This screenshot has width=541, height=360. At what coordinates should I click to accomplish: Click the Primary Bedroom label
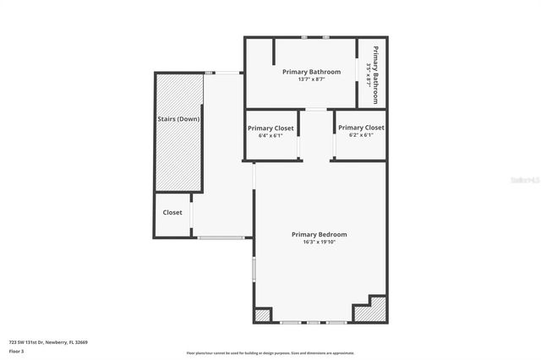point(319,234)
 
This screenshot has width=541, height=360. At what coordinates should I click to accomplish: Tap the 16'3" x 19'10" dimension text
point(319,243)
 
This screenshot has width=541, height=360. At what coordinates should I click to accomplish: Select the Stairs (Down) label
point(178,119)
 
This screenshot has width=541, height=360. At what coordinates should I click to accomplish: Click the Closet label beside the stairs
point(172,212)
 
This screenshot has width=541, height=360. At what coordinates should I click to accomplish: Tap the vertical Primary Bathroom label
point(376,74)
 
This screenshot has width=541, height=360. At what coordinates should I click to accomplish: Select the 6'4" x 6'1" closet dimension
point(270,135)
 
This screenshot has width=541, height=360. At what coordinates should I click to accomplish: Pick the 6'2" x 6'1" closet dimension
point(361,135)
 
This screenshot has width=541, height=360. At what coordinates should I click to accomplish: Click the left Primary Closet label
point(270,128)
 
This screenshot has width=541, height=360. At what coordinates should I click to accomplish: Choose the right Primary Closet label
point(361,128)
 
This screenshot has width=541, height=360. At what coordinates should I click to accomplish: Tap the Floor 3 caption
point(16,351)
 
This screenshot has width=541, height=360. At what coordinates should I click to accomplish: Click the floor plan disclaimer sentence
point(270,353)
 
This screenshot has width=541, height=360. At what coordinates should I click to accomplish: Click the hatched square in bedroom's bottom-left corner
point(263,314)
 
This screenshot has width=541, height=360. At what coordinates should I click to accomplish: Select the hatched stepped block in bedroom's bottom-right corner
point(373,311)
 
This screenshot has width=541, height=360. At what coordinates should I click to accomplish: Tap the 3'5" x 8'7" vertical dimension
point(369,74)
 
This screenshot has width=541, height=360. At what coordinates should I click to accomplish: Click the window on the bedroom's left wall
point(254,270)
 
